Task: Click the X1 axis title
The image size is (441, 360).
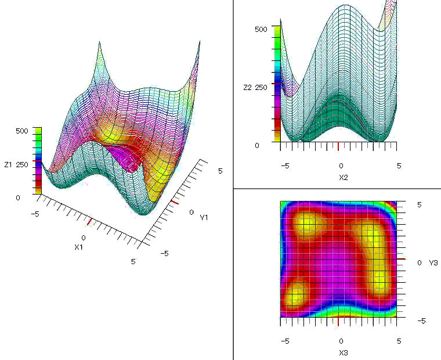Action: (79, 247)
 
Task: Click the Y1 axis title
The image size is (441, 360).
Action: (204, 218)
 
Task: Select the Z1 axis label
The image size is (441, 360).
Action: (8, 165)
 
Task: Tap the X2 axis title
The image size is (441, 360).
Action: (341, 177)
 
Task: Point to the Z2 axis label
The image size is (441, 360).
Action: (247, 87)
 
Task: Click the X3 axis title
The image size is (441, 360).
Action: (341, 352)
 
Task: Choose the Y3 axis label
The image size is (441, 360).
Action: (433, 262)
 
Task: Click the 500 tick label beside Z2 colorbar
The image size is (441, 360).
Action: (261, 28)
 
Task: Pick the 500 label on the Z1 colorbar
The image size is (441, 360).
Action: (21, 131)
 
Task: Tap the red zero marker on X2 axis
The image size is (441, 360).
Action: (338, 146)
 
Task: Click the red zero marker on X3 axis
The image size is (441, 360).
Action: (338, 321)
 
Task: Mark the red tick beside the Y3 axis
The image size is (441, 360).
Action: (401, 259)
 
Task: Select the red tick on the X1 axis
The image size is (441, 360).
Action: (89, 222)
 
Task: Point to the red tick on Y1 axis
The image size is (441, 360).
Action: (174, 203)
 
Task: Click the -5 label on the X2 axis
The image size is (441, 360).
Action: (285, 165)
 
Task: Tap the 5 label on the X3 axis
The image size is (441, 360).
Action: (398, 341)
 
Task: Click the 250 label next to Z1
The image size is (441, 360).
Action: (22, 165)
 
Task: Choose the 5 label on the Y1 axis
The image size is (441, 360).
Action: (220, 171)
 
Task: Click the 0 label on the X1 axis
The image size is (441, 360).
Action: (84, 238)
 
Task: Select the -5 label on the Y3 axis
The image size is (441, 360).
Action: (424, 321)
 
